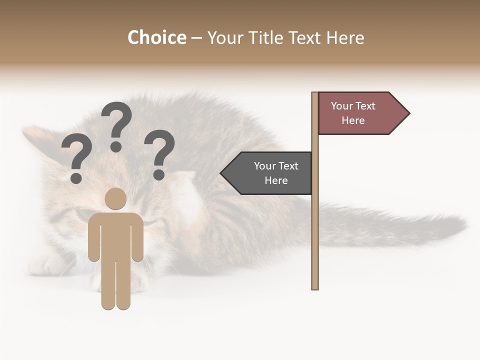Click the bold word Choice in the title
click(x=156, y=37)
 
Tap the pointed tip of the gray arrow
click(x=222, y=173)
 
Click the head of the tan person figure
click(x=115, y=198)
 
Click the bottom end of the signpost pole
click(x=315, y=286)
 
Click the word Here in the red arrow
click(x=353, y=120)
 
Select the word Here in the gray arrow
click(x=276, y=180)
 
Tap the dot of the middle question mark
click(x=116, y=146)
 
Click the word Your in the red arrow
click(x=341, y=106)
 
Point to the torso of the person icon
click(x=115, y=235)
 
